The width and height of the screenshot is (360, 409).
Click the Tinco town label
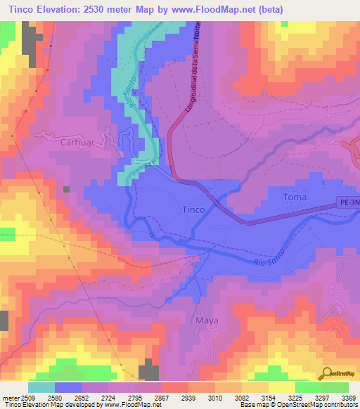[193, 209]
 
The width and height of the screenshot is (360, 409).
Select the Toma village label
[295, 197]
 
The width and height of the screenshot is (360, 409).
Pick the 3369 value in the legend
[349, 398]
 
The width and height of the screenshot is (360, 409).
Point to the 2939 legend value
[188, 398]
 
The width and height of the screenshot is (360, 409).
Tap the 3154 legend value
[269, 398]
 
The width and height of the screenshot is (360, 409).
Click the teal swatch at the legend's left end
[41, 387]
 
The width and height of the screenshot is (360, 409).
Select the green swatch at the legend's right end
[335, 387]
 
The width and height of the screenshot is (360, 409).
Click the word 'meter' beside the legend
[8, 398]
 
